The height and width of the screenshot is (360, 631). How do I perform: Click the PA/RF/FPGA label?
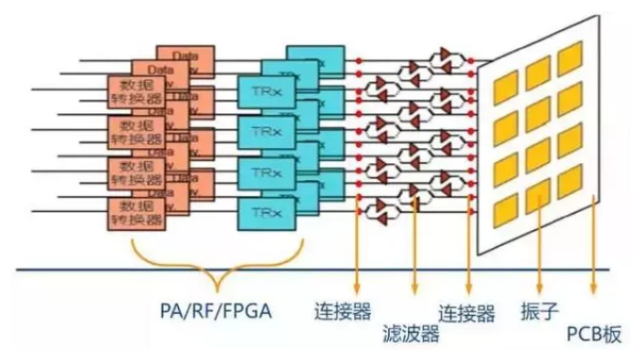[215, 310]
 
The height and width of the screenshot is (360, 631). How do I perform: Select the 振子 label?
[539, 310]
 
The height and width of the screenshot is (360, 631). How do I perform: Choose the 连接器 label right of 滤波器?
[468, 310]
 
